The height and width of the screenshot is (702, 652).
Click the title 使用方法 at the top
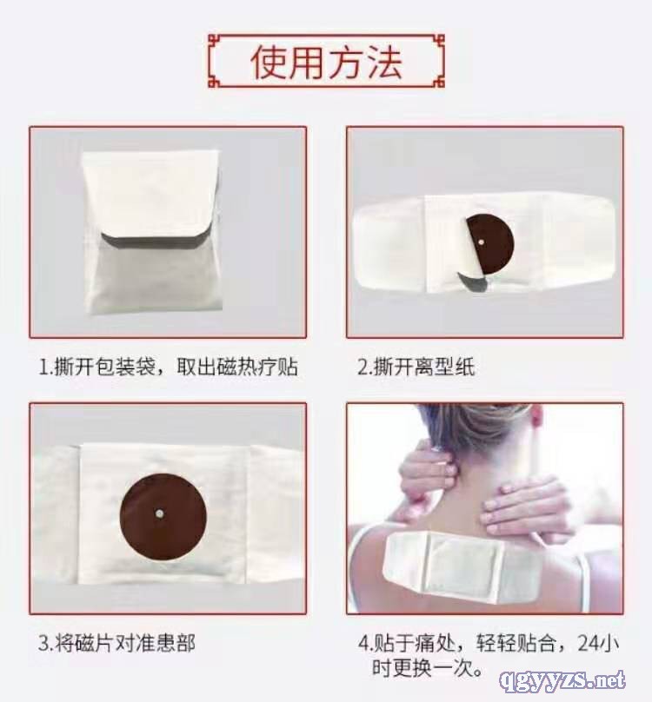point(326,62)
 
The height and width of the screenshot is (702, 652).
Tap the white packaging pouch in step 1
point(152,233)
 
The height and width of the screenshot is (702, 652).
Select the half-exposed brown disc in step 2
point(489,244)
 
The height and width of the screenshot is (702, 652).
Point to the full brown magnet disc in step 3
point(163,517)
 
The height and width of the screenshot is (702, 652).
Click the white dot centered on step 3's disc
point(159,514)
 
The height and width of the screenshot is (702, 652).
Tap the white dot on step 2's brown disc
point(482,242)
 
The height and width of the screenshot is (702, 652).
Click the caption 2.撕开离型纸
point(416,367)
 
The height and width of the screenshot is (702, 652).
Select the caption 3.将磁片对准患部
point(116,643)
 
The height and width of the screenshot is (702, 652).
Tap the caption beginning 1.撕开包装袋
point(168,367)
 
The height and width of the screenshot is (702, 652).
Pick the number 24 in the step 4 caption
point(589,643)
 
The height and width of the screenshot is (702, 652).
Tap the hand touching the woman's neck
point(428,470)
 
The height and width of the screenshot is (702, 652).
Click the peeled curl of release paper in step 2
point(473,280)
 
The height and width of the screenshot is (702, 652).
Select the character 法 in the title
point(383,62)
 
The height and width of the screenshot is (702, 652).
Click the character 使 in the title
point(269,62)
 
